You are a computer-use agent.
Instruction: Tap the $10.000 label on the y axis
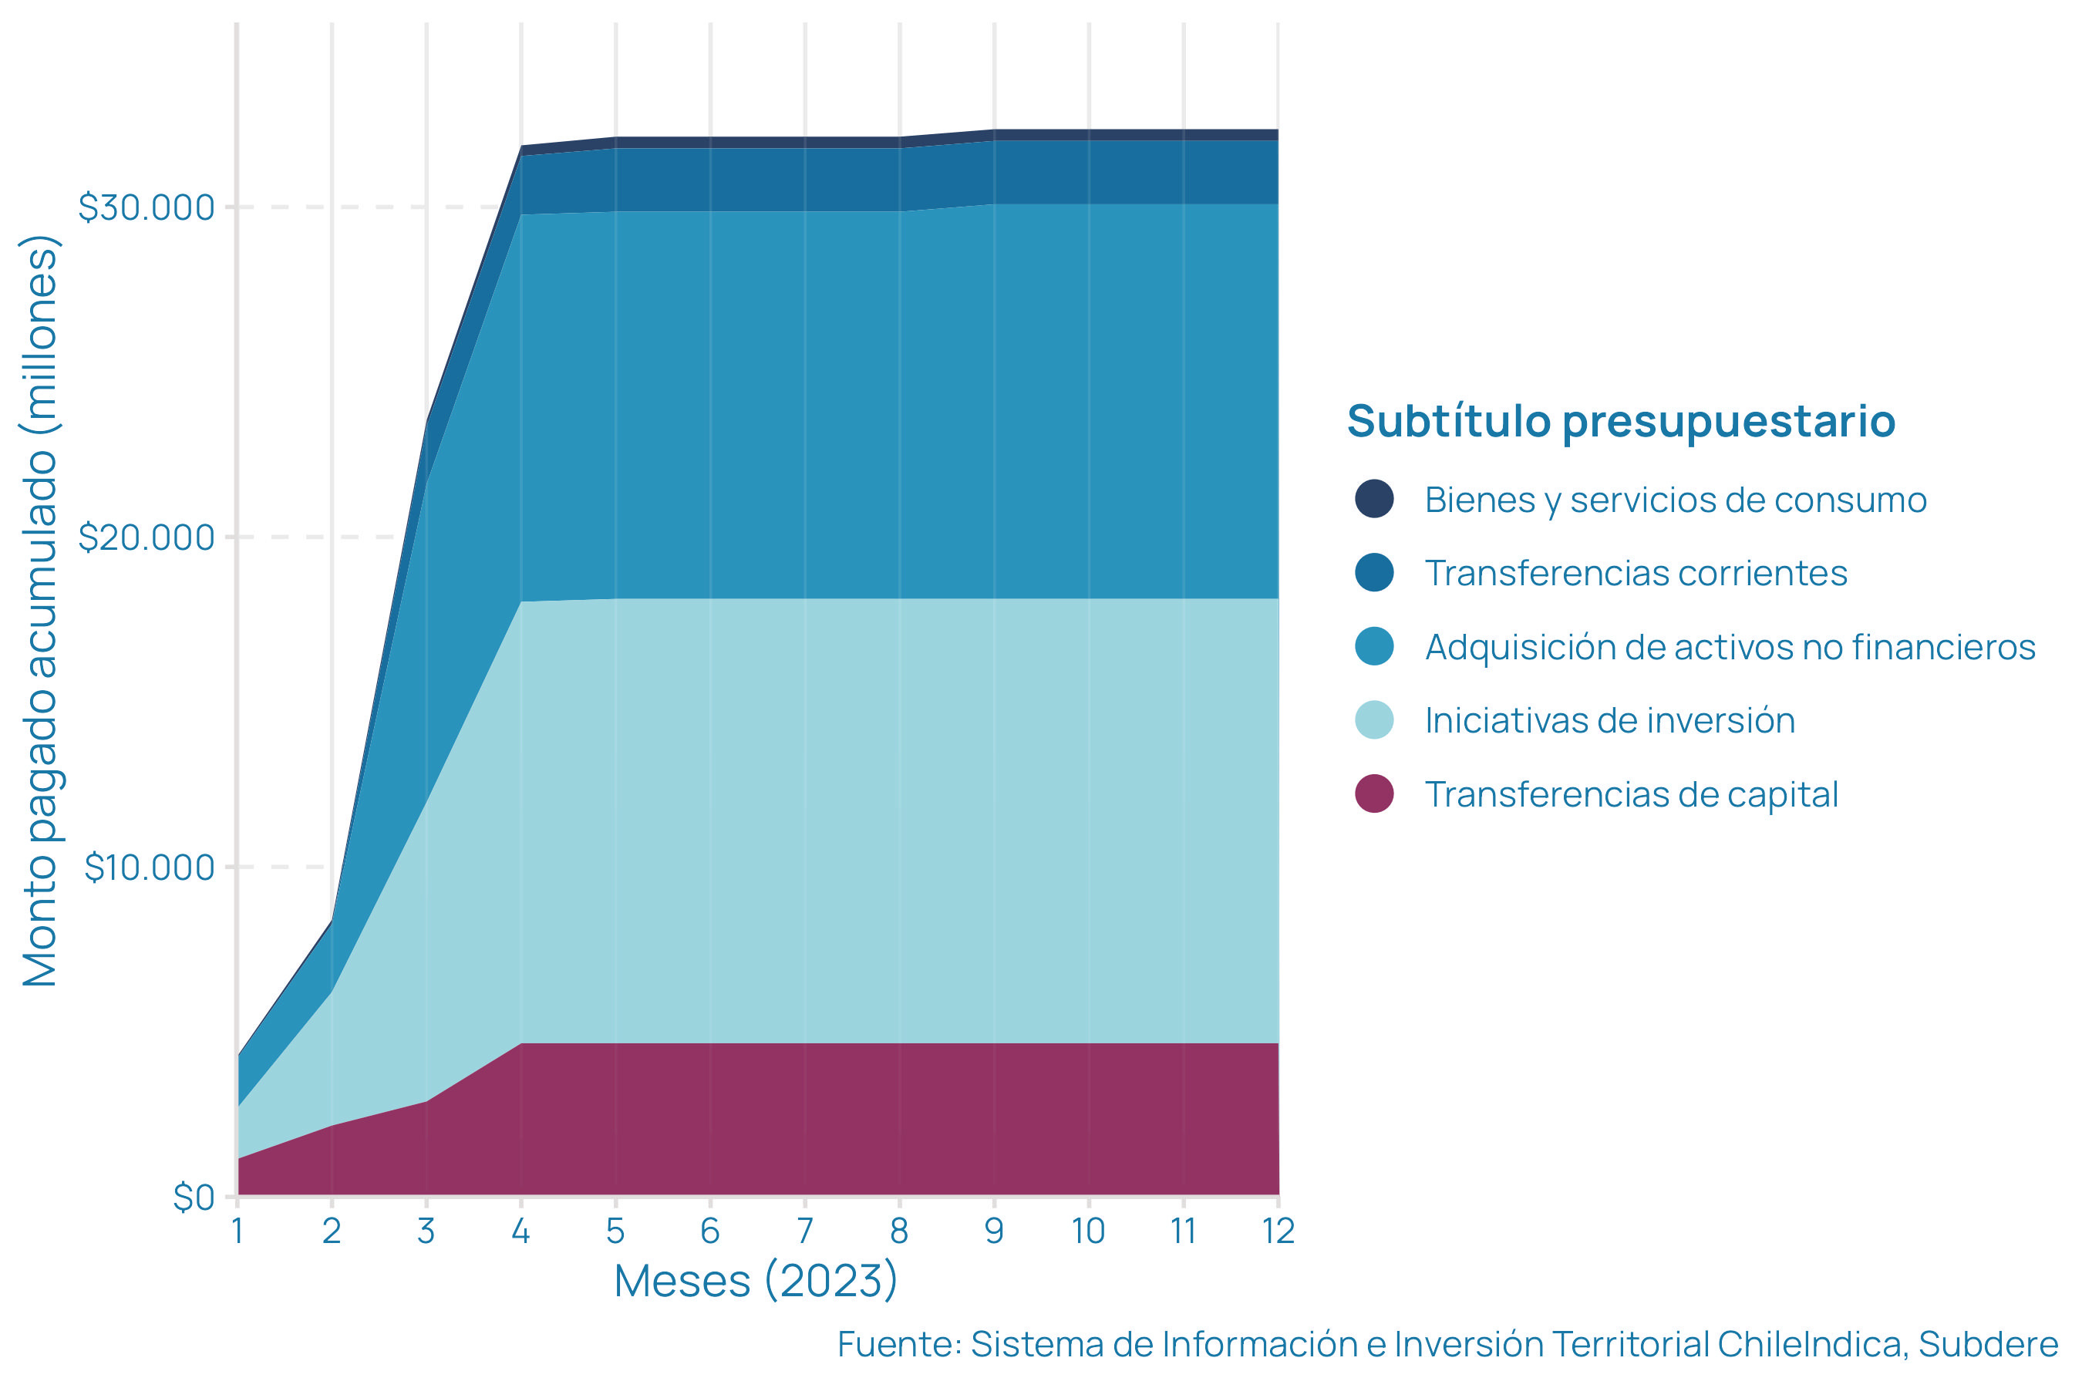pos(150,867)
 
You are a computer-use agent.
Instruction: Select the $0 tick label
pos(194,1198)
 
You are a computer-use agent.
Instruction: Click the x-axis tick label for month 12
pos(1278,1231)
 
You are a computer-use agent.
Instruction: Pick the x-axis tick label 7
pos(804,1231)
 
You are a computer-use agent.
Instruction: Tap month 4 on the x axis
pos(520,1231)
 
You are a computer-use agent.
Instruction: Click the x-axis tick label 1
pos(238,1231)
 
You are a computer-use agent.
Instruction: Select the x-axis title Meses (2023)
pos(756,1281)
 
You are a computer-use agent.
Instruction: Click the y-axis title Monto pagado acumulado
pos(41,611)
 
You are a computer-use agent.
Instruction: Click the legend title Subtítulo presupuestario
pos(1621,421)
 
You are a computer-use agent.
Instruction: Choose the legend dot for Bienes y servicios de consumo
pos(1374,498)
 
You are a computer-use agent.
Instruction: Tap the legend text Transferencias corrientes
pos(1636,574)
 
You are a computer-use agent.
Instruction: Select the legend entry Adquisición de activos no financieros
pos(1730,647)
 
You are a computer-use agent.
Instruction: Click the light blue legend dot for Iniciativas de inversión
pos(1374,719)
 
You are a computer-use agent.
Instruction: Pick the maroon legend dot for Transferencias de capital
pos(1374,793)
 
